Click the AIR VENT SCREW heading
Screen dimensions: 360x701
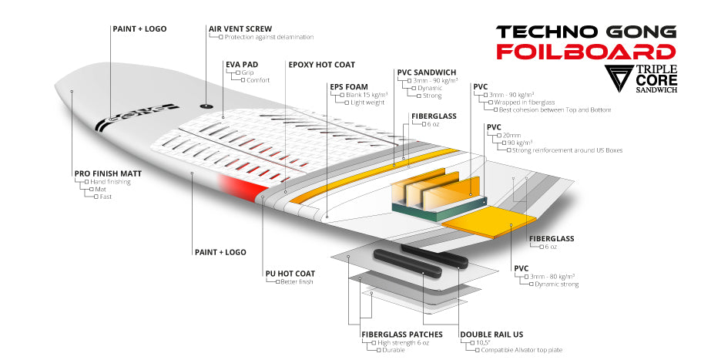[x=240, y=29]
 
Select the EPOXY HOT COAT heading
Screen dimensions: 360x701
[x=321, y=64]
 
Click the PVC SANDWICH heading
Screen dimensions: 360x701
[x=427, y=72]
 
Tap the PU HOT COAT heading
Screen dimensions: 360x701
[x=290, y=273]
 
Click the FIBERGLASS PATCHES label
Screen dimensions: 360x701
[x=402, y=334]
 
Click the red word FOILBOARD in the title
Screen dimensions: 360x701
[x=585, y=52]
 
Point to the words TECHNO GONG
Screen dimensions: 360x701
[x=585, y=32]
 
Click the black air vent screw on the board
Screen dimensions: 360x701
[x=205, y=105]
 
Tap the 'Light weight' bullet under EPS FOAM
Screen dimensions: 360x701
[x=368, y=103]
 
